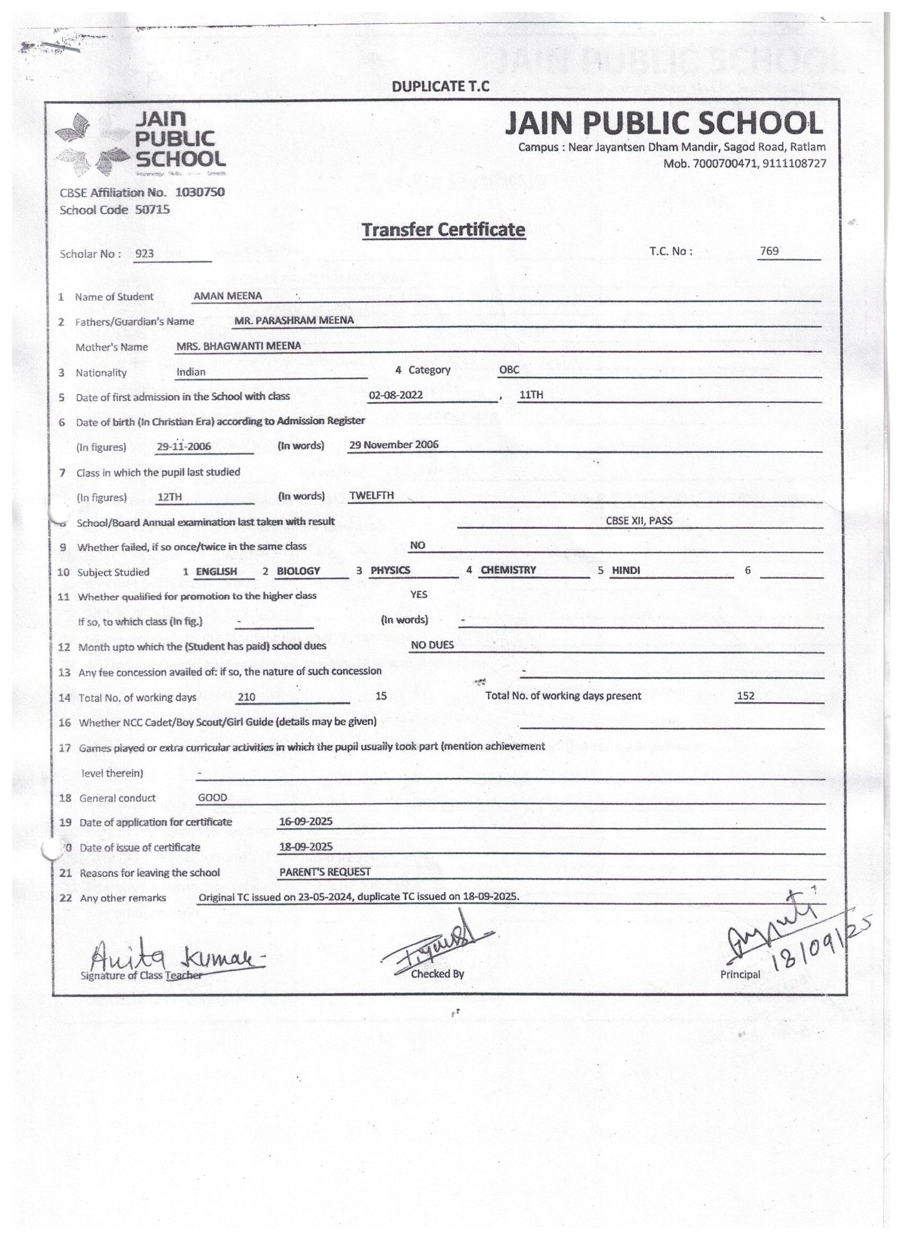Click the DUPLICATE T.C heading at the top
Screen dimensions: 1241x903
tap(441, 87)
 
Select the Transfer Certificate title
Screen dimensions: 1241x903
tap(443, 230)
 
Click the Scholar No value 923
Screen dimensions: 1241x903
tap(144, 254)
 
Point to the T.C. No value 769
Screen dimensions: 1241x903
tap(769, 250)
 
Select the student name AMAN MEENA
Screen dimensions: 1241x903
tap(227, 296)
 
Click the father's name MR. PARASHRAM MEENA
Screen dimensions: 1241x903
tap(294, 320)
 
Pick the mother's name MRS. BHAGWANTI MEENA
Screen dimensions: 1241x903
tap(239, 346)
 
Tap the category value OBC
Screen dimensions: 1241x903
tap(509, 370)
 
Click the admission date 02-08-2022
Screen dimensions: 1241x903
tap(395, 395)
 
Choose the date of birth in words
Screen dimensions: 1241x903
tap(393, 445)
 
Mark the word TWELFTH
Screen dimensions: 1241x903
tap(371, 495)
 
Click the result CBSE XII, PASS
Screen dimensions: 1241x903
tap(639, 521)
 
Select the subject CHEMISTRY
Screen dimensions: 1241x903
tap(508, 570)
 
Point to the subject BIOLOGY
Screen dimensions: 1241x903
tap(298, 571)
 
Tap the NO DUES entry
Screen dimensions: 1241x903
tap(432, 645)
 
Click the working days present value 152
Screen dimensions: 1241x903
tap(746, 696)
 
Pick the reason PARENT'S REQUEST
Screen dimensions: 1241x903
tap(325, 872)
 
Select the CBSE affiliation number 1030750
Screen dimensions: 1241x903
tap(200, 192)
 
